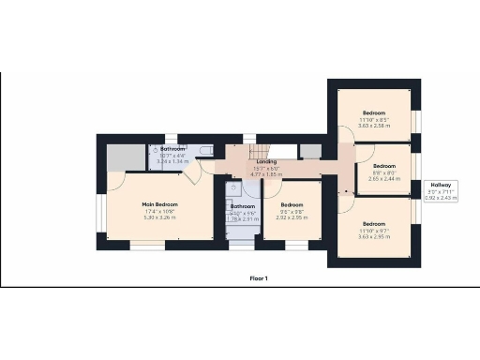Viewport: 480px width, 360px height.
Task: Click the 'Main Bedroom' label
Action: click(x=160, y=205)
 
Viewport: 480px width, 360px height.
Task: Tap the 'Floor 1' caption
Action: click(x=259, y=278)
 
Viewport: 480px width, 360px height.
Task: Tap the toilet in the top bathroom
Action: click(x=156, y=150)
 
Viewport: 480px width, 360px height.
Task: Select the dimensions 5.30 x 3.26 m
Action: click(x=160, y=218)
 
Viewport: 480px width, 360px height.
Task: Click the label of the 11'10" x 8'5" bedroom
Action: click(x=374, y=113)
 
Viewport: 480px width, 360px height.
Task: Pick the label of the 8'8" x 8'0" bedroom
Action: click(x=385, y=164)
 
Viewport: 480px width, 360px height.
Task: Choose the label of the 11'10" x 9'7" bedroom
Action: click(x=374, y=224)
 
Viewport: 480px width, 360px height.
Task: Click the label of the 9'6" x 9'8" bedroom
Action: click(x=292, y=205)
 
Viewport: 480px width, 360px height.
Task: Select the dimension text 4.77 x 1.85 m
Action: click(x=266, y=174)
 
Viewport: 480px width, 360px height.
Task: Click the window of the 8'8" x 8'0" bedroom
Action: click(x=416, y=170)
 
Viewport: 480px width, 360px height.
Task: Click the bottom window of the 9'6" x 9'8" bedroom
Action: click(x=292, y=247)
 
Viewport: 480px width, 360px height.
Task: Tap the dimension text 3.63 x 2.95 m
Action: click(x=374, y=237)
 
